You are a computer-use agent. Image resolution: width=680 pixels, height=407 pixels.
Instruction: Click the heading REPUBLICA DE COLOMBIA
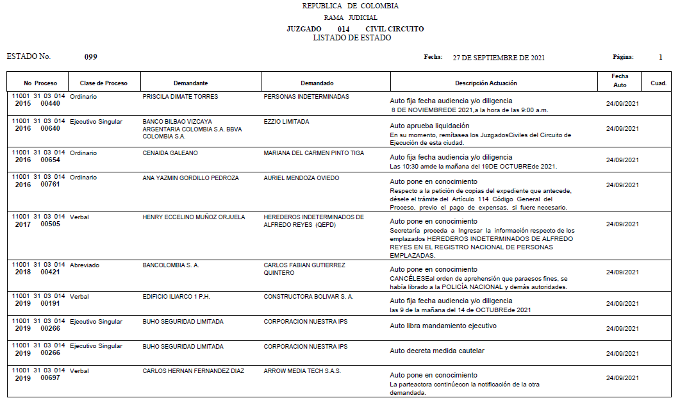350,6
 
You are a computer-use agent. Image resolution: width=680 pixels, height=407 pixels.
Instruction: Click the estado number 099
91,57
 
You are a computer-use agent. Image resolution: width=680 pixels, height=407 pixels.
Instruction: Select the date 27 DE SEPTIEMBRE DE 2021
499,58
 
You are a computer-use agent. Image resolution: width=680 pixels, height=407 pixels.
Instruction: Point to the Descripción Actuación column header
486,83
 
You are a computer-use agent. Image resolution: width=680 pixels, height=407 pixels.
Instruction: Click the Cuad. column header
658,83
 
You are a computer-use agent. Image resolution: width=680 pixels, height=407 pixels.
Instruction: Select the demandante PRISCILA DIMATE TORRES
180,97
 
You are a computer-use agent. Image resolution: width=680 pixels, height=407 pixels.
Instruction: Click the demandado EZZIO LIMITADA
286,122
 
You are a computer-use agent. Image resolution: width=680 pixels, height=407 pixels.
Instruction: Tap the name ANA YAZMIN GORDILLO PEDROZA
190,178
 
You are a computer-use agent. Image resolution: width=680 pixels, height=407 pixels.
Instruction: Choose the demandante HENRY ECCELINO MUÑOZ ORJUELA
194,217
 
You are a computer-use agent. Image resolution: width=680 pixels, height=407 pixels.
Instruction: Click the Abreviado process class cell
85,265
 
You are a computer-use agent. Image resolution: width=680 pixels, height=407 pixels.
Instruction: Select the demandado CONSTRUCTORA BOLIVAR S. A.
308,297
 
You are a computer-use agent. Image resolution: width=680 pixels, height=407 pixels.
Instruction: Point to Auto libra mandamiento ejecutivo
443,326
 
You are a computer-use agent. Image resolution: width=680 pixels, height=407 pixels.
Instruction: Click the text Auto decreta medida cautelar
437,351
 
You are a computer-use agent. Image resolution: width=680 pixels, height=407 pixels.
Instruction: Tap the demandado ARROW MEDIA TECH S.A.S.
302,371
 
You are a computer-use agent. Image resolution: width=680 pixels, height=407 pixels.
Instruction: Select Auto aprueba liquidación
429,126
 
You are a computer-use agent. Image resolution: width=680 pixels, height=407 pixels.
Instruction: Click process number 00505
50,224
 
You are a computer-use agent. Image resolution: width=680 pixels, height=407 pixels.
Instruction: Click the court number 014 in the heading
344,29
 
